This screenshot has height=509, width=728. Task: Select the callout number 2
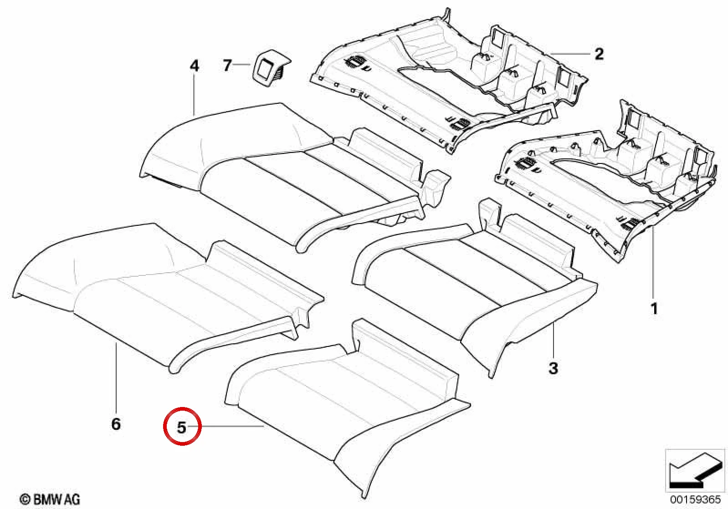(x=599, y=54)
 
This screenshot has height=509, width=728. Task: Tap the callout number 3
(x=553, y=368)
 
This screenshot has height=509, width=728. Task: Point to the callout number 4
(x=194, y=66)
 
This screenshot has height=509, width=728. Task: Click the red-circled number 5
(x=182, y=428)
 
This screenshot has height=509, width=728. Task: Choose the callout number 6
(x=116, y=424)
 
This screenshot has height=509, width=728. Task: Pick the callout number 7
(x=227, y=65)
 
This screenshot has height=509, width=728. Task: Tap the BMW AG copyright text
(x=50, y=499)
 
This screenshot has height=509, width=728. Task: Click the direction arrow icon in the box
(x=695, y=471)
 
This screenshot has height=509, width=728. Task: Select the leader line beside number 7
(x=241, y=65)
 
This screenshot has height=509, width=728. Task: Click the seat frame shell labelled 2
(x=448, y=81)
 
